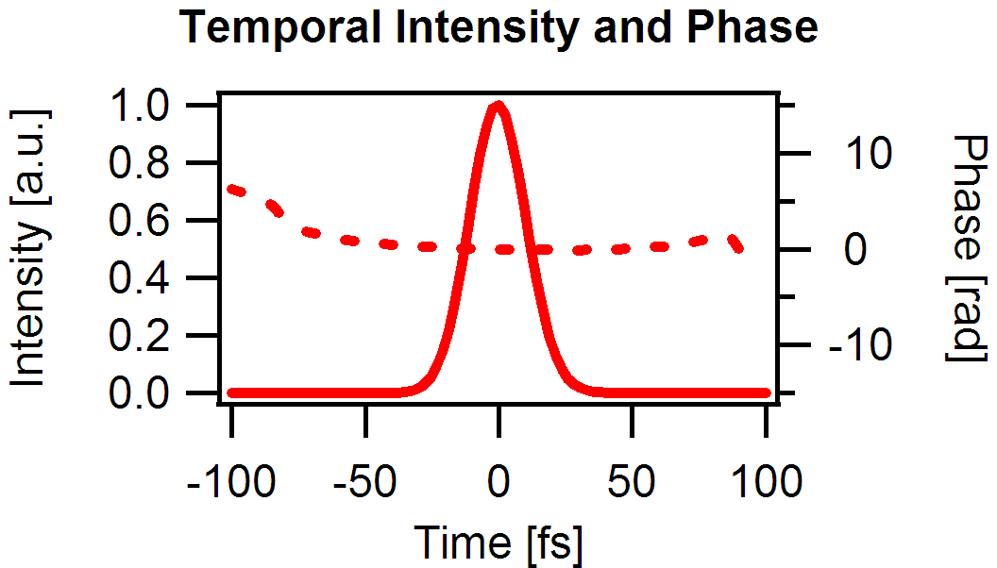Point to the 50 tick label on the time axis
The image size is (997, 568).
tap(632, 483)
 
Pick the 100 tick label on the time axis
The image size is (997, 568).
tap(766, 483)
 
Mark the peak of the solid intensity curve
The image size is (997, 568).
tap(498, 105)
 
